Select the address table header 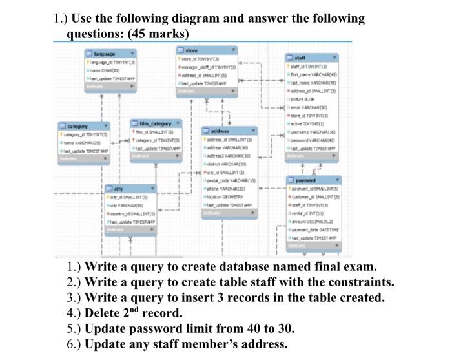click(236, 131)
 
